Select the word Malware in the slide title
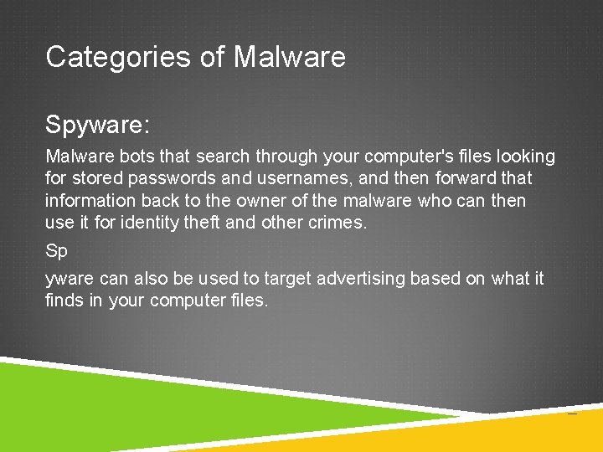[x=289, y=57]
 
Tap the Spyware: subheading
[x=97, y=126]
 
